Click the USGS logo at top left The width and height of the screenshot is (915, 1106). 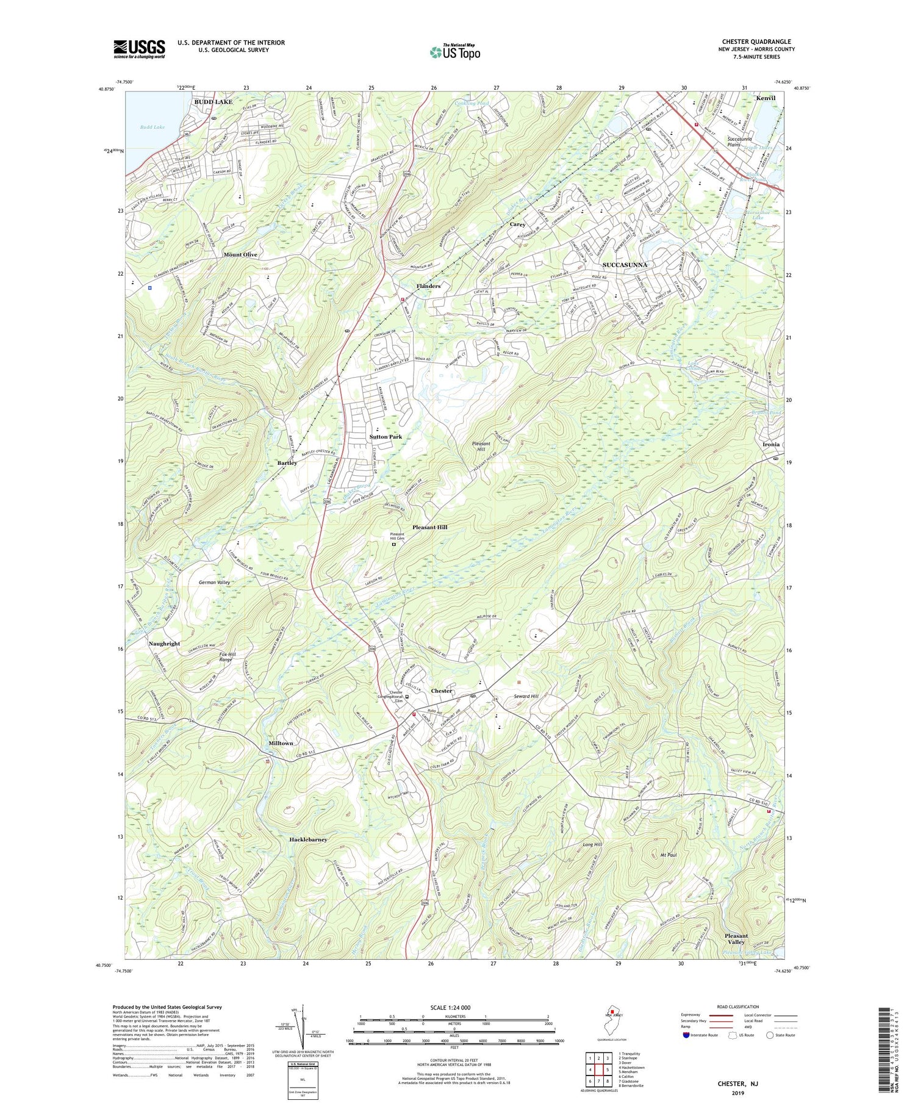pos(139,49)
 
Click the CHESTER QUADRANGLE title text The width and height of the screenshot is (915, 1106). pos(756,41)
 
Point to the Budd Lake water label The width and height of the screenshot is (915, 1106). pos(152,127)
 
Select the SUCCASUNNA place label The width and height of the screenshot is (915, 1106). pos(624,265)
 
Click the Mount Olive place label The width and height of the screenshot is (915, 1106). pos(240,254)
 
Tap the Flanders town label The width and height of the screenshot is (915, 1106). pos(428,285)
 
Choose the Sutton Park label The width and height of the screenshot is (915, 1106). pos(386,437)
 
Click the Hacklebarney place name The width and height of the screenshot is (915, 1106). pos(308,839)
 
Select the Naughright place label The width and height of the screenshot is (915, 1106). pos(164,644)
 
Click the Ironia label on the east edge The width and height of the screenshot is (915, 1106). pos(771,445)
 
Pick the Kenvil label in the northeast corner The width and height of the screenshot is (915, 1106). pos(766,98)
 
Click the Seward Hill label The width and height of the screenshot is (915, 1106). pos(526,696)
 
